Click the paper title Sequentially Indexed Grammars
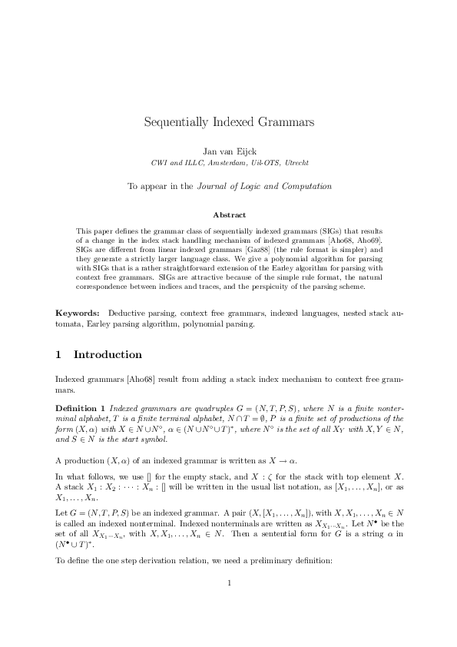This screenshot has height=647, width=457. [x=228, y=122]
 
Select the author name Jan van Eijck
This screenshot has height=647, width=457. [x=228, y=151]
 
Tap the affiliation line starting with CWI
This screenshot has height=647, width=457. [x=228, y=163]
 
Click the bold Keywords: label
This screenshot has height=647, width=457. [x=78, y=314]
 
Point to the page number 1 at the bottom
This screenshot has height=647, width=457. [x=229, y=604]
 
